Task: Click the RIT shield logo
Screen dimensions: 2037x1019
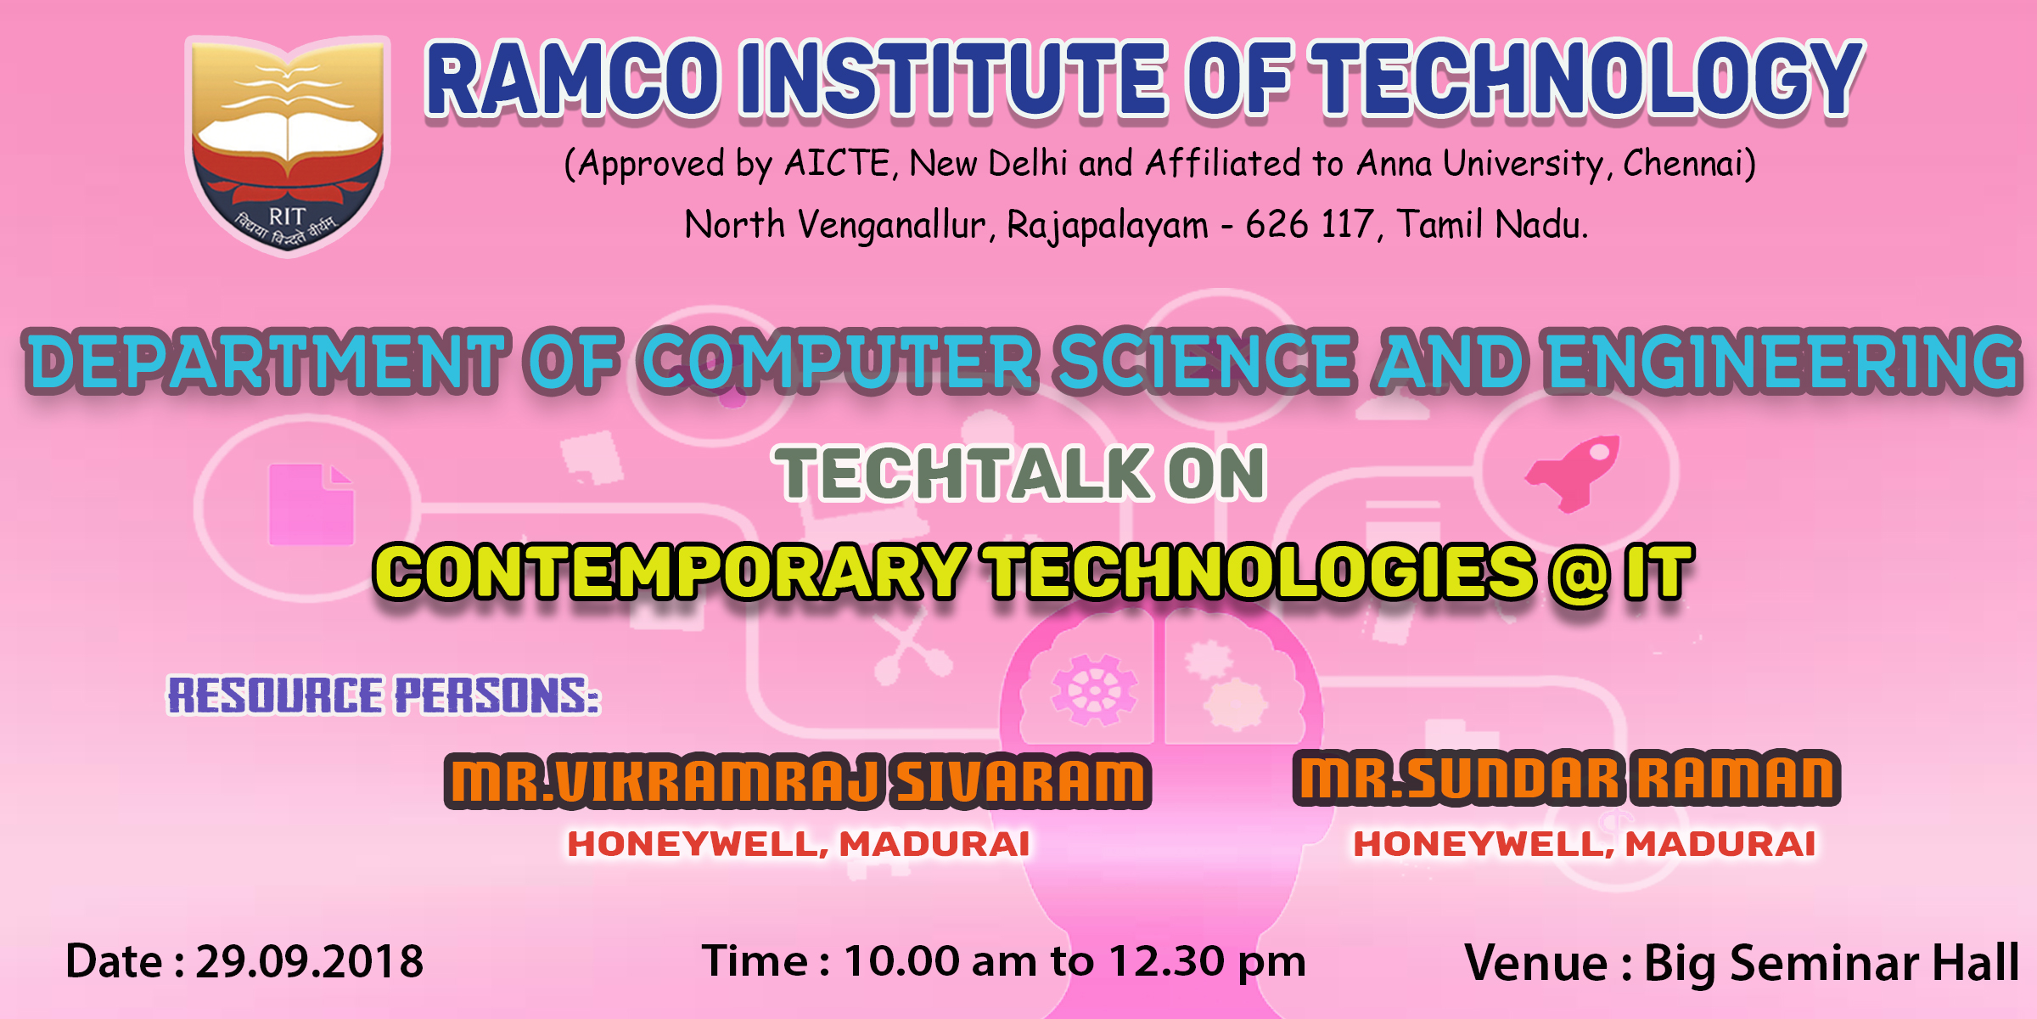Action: pyautogui.click(x=288, y=144)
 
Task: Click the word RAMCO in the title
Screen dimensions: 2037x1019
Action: pyautogui.click(x=574, y=81)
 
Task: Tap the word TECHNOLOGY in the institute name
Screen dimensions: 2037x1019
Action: pyautogui.click(x=1586, y=81)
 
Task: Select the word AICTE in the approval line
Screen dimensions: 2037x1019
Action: pyautogui.click(x=836, y=163)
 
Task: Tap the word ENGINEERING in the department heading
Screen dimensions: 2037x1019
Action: pyautogui.click(x=1783, y=362)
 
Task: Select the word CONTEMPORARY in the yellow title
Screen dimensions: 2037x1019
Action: pyautogui.click(x=671, y=572)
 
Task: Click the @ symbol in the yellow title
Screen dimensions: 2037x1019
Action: pyautogui.click(x=1579, y=574)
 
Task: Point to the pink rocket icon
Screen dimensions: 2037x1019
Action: pyautogui.click(x=1573, y=472)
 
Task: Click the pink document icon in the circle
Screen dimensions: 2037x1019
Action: pyautogui.click(x=311, y=504)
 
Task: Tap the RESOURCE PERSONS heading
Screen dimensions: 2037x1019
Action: pyautogui.click(x=384, y=695)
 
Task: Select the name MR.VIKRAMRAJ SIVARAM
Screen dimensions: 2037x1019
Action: pyautogui.click(x=798, y=781)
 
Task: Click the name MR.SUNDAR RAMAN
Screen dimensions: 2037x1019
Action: pyautogui.click(x=1567, y=778)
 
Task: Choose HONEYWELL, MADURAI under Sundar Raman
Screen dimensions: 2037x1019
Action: pyautogui.click(x=1585, y=844)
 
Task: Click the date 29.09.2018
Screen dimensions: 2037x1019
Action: pyautogui.click(x=310, y=962)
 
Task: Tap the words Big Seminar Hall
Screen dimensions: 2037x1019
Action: pyautogui.click(x=1832, y=964)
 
